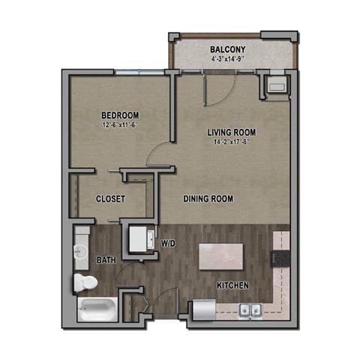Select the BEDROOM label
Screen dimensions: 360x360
click(121, 115)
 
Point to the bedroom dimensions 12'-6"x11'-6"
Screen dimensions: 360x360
click(121, 124)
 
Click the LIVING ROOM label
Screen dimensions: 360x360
click(233, 132)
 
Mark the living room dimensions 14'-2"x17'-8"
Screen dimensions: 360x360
click(233, 142)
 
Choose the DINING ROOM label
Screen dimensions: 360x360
click(208, 199)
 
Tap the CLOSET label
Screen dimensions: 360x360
click(110, 199)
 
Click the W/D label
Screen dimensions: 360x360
click(169, 243)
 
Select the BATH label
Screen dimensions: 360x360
click(106, 260)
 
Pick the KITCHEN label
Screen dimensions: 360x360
click(232, 286)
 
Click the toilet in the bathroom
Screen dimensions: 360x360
click(84, 282)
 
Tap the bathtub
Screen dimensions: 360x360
click(94, 309)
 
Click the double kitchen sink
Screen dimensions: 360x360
click(250, 310)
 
